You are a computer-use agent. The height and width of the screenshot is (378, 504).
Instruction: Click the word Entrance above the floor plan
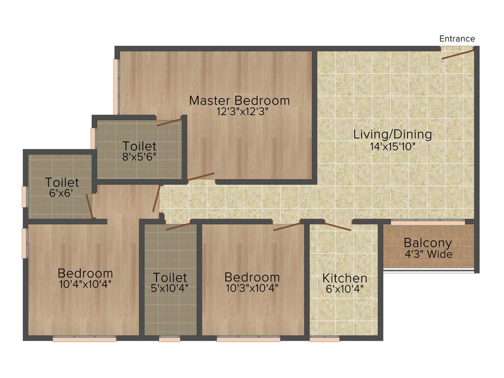pyautogui.click(x=457, y=39)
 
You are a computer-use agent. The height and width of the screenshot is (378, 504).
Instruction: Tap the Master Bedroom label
pyautogui.click(x=239, y=101)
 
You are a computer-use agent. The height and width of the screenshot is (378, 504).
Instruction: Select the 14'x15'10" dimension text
pyautogui.click(x=392, y=146)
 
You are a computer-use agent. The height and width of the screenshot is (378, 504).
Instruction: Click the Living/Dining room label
pyautogui.click(x=392, y=134)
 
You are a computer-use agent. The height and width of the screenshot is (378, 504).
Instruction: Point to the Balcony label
pyautogui.click(x=427, y=243)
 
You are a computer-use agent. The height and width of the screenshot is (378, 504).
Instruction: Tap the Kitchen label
pyautogui.click(x=345, y=278)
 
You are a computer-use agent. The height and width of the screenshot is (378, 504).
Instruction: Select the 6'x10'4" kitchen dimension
pyautogui.click(x=345, y=289)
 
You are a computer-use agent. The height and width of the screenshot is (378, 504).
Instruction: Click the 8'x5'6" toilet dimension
pyautogui.click(x=139, y=158)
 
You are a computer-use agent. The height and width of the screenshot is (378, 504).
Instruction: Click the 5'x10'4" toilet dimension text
pyautogui.click(x=170, y=289)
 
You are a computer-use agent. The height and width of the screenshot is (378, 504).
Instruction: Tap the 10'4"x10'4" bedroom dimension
pyautogui.click(x=85, y=285)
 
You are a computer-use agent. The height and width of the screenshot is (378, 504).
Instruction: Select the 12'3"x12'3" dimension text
pyautogui.click(x=242, y=112)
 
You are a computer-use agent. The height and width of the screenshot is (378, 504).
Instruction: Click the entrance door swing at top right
pyautogui.click(x=458, y=54)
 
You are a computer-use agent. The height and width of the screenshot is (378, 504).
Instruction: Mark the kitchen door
pyautogui.click(x=338, y=226)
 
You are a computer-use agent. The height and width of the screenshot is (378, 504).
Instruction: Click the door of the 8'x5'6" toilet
pyautogui.click(x=169, y=122)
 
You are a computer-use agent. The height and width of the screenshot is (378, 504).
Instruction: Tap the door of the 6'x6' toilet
pyautogui.click(x=90, y=206)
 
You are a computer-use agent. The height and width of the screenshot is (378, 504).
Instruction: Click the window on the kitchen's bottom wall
pyautogui.click(x=324, y=339)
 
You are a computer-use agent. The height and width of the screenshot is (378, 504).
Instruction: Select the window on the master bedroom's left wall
pyautogui.click(x=116, y=87)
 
